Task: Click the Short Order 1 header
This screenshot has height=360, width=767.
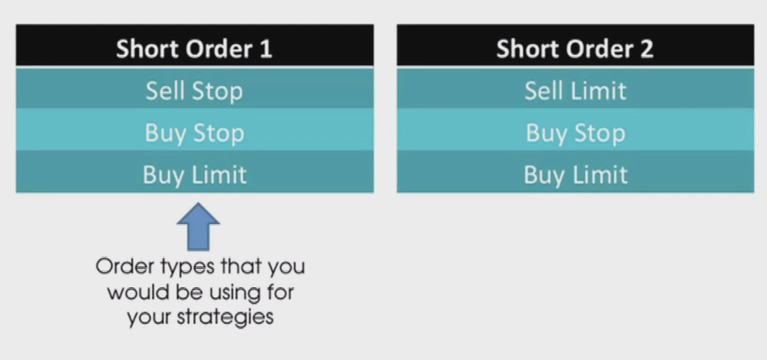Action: pos(195,45)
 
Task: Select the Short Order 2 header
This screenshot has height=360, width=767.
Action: pos(575,45)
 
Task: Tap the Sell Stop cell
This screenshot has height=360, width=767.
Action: pos(195,89)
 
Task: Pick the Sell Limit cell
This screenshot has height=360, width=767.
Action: pos(575,89)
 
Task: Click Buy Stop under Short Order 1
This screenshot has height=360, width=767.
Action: pos(195,130)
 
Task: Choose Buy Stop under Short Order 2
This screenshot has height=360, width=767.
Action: pos(575,130)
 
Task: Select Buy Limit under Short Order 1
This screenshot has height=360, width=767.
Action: pos(195,172)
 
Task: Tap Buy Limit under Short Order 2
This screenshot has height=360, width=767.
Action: pos(575,172)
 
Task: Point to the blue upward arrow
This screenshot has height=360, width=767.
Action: pos(198,227)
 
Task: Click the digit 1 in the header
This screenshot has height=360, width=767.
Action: pos(265,49)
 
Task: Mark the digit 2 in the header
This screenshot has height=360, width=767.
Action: pos(646,49)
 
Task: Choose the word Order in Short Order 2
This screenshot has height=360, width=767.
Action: pos(593,49)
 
